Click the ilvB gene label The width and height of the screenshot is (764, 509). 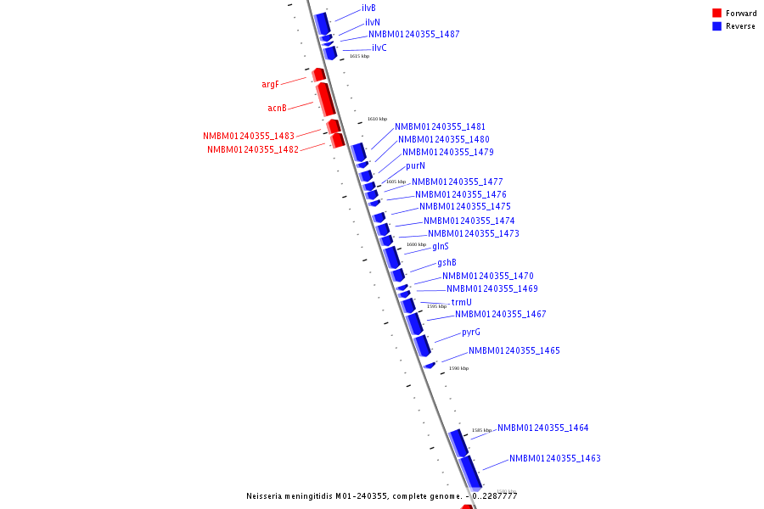368,8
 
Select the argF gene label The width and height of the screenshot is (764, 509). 270,85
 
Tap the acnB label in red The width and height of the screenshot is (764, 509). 277,109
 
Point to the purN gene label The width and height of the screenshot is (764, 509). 415,166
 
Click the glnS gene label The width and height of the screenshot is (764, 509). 441,247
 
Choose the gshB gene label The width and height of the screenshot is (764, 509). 447,263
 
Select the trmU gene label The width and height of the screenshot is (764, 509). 461,303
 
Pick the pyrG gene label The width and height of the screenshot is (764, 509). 471,333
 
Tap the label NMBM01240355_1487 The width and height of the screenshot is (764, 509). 413,35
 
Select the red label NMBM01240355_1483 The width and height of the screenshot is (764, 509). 249,137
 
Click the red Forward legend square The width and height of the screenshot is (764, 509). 716,14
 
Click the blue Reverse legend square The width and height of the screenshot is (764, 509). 716,26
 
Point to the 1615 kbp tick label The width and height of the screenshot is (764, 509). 359,56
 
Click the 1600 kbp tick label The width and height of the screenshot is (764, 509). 416,244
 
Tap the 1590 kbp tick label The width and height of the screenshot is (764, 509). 458,368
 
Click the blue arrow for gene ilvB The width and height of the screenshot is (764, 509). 323,22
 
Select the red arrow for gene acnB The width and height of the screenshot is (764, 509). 326,100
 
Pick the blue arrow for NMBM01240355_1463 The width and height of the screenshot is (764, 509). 470,473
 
